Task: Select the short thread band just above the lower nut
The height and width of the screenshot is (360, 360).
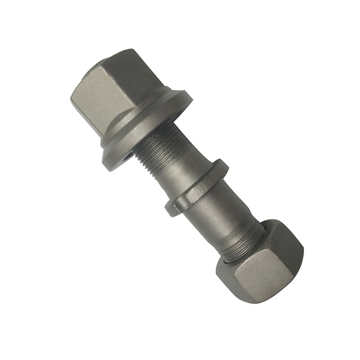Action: tap(250, 234)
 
